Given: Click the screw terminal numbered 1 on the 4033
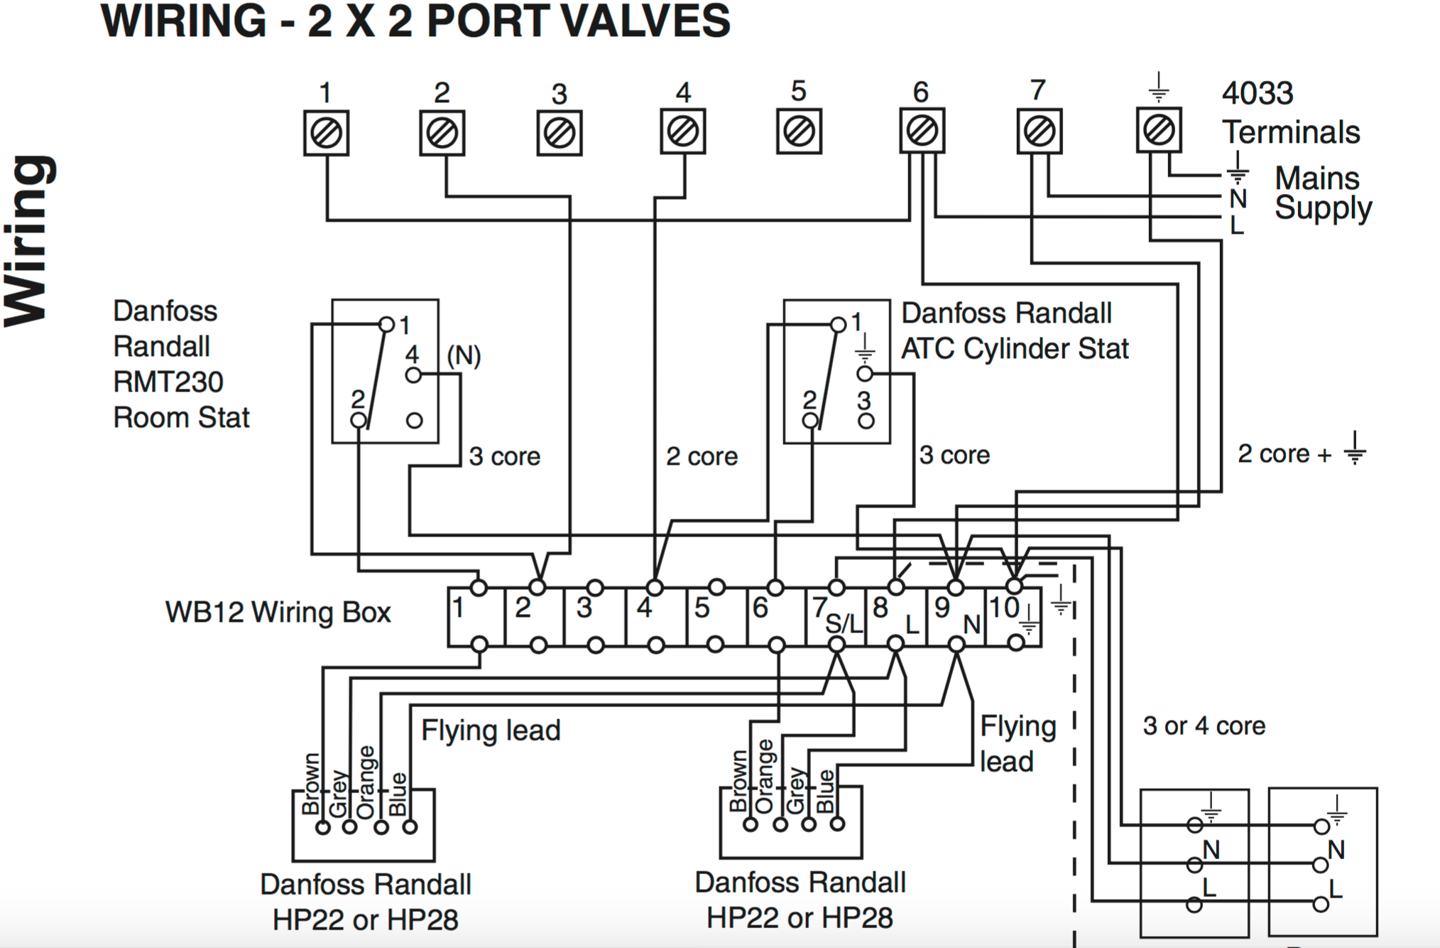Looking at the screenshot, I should click(326, 133).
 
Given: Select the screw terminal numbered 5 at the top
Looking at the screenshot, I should click(799, 131).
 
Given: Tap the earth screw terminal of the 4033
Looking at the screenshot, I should click(1159, 130).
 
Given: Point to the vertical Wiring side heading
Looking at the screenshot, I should click(30, 242).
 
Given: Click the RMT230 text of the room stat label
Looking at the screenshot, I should click(168, 382).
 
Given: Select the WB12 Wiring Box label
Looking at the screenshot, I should click(278, 613).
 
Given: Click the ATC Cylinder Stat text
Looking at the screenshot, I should click(1015, 349).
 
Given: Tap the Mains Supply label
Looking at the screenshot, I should click(1322, 193).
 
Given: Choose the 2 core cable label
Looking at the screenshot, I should click(702, 456).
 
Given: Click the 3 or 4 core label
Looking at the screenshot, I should click(1204, 726).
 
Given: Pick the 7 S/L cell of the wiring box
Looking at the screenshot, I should click(836, 616).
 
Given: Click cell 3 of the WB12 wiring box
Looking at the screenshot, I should click(594, 616).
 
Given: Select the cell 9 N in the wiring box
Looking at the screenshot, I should click(956, 616).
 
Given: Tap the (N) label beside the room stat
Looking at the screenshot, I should click(464, 355).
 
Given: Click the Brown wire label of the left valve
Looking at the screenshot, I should click(311, 784).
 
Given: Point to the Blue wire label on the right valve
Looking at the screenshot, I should click(826, 790).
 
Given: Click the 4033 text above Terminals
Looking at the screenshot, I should click(1258, 93).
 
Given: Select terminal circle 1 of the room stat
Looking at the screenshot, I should click(386, 325).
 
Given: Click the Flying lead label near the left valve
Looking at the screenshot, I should click(491, 731).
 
